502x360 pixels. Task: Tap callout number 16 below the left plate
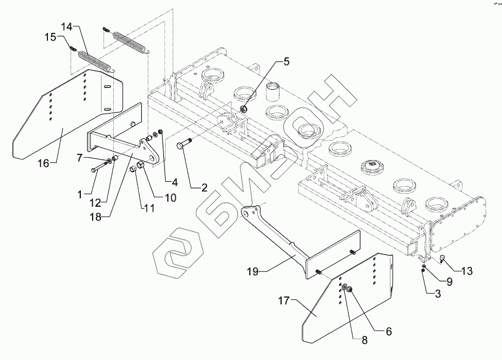[x=44, y=163]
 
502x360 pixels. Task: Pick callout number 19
[x=252, y=271]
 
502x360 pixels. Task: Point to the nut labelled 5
[x=244, y=109]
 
